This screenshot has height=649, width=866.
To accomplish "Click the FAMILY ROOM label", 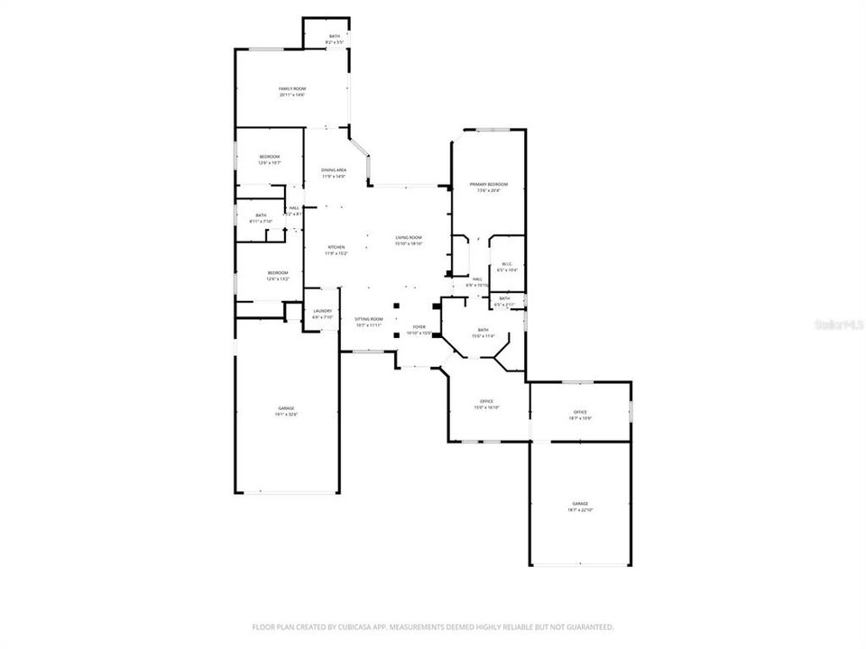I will tap(291, 89).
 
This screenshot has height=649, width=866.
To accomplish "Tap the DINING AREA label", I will tap(334, 170).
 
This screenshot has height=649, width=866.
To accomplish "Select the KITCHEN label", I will tap(336, 247).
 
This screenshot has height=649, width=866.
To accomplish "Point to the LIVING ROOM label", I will tap(409, 237).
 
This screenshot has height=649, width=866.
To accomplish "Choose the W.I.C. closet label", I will tap(506, 264).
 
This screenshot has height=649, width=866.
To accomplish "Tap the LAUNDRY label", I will tap(322, 311).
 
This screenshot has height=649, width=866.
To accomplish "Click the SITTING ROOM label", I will tap(368, 319).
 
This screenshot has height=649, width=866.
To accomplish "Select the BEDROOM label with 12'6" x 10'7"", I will tap(269, 157).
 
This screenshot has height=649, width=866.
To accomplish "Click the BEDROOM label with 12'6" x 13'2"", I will tap(277, 273).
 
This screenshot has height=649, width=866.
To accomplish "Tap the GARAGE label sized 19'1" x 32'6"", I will tap(286, 408).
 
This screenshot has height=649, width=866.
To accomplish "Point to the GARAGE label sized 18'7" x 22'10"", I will tap(579, 503).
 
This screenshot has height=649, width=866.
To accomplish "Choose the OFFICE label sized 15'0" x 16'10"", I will tap(486, 401).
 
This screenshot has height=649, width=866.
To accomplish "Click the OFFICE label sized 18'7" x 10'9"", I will tap(580, 412).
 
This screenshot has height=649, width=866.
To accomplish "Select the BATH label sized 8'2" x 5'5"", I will tap(335, 36).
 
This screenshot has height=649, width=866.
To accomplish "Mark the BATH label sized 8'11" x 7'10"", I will tap(261, 215).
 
